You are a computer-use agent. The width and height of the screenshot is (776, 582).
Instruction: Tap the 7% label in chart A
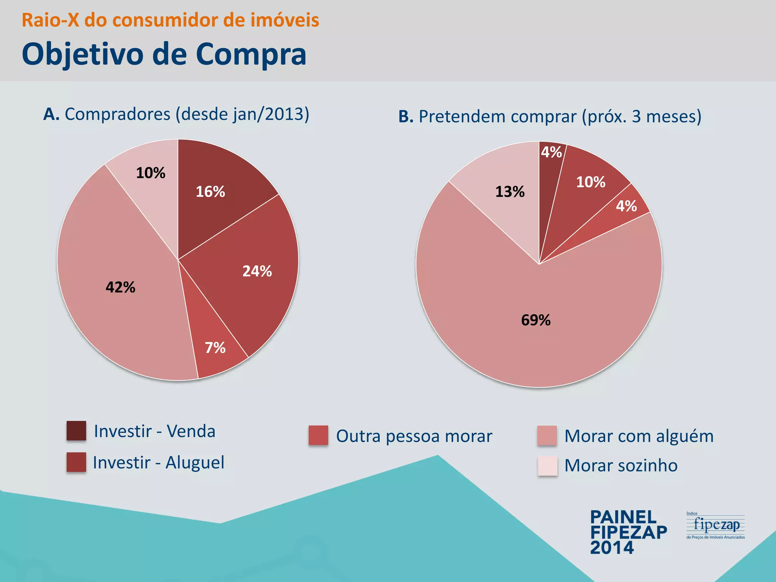click(x=215, y=347)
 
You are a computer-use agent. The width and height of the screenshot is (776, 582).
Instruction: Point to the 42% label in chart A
click(x=120, y=287)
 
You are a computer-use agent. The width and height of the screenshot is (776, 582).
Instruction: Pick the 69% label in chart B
click(x=535, y=320)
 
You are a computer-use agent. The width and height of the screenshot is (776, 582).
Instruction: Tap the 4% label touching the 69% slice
click(x=626, y=206)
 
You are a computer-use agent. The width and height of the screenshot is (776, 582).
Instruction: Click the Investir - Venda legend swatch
click(x=76, y=431)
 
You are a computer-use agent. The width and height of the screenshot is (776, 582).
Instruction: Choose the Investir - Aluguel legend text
click(x=158, y=462)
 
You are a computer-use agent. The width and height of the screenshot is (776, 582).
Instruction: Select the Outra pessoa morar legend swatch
click(x=318, y=435)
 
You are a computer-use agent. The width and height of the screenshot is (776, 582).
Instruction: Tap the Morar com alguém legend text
click(x=639, y=436)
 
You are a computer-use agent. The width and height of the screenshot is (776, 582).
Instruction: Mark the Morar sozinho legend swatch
click(x=547, y=466)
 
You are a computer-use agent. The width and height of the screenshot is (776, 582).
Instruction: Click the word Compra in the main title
click(x=250, y=54)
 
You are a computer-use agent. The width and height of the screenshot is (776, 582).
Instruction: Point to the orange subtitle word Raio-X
click(x=50, y=20)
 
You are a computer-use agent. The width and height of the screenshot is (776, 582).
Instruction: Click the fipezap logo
click(x=715, y=526)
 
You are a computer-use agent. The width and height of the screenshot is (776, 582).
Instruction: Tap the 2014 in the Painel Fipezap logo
click(x=612, y=548)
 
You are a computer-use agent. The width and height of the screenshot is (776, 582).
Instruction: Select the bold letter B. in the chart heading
click(x=405, y=117)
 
